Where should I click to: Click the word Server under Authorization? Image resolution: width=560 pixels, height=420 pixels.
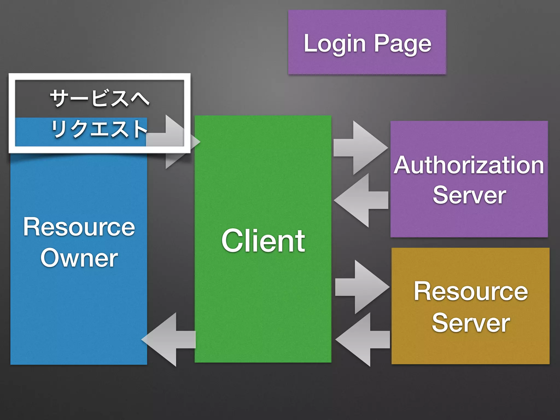(469, 195)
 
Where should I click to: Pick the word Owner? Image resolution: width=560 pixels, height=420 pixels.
(79, 258)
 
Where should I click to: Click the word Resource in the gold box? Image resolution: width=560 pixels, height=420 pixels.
(471, 291)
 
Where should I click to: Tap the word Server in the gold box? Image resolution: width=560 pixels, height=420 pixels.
(471, 323)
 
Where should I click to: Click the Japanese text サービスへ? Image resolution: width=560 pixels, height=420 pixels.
(100, 98)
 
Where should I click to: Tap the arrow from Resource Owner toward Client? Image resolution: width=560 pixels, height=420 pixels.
(172, 142)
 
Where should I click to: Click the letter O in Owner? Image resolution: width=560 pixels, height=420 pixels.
(50, 258)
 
